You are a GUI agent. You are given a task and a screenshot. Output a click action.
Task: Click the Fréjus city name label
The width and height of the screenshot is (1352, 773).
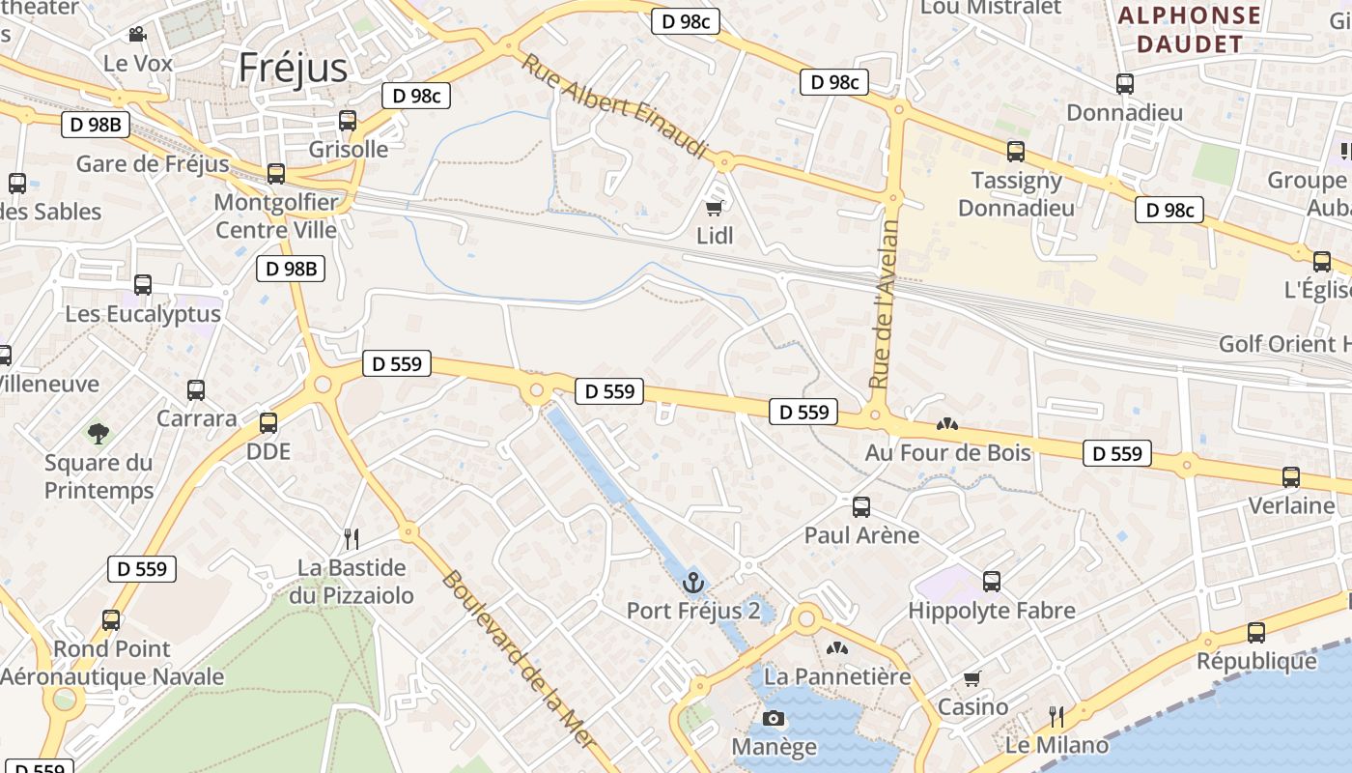tap(293, 68)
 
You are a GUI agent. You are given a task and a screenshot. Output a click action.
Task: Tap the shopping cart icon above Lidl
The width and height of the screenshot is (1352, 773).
tap(715, 207)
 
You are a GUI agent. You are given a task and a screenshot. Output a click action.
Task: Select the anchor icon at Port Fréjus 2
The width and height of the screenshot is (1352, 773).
tap(692, 583)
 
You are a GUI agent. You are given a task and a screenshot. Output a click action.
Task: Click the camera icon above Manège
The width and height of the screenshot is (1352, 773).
tap(774, 718)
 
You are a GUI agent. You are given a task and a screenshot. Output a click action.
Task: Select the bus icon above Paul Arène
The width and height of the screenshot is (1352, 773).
tap(861, 506)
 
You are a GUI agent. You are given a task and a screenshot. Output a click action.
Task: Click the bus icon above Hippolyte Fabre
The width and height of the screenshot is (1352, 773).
tap(991, 582)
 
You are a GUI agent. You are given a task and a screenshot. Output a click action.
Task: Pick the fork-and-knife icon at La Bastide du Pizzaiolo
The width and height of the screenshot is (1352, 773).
tap(352, 538)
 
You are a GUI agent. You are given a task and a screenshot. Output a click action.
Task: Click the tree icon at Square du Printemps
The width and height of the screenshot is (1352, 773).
tap(99, 433)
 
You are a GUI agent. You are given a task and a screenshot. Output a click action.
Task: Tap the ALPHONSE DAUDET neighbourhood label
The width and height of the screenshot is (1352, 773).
tap(1189, 30)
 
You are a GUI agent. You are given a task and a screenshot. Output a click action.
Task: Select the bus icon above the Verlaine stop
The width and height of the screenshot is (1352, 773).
tap(1290, 477)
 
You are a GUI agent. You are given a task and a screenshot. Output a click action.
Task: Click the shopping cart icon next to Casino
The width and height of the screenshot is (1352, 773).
tap(972, 678)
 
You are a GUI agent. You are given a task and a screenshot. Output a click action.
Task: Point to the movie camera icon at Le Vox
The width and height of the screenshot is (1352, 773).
tap(137, 35)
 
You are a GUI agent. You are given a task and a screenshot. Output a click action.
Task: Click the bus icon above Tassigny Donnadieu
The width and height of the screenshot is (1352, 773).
tap(1015, 152)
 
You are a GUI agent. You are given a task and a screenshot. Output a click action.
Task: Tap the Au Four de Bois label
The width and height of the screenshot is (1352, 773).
tap(947, 452)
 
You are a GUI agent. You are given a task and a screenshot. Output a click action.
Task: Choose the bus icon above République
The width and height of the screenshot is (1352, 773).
tap(1255, 633)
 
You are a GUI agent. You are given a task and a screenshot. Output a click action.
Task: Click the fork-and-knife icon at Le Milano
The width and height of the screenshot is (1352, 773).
tap(1056, 716)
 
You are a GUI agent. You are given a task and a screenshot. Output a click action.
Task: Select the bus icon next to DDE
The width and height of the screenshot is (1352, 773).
tap(268, 423)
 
